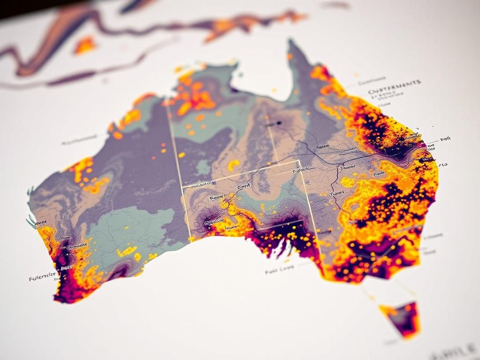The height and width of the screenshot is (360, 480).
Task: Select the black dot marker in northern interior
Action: point(279,123)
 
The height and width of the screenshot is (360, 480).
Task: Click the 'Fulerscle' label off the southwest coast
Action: point(42,277)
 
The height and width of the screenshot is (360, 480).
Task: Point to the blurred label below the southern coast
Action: point(279,270)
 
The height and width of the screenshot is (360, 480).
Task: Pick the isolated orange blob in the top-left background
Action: point(85,45)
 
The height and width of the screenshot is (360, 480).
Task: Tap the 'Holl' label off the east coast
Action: point(445,140)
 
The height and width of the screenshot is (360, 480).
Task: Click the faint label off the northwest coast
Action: point(79,140)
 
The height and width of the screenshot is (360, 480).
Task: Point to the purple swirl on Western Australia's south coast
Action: point(120,270)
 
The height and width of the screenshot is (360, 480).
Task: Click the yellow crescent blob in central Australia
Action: point(233,165)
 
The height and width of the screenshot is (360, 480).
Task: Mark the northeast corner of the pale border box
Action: point(299,161)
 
